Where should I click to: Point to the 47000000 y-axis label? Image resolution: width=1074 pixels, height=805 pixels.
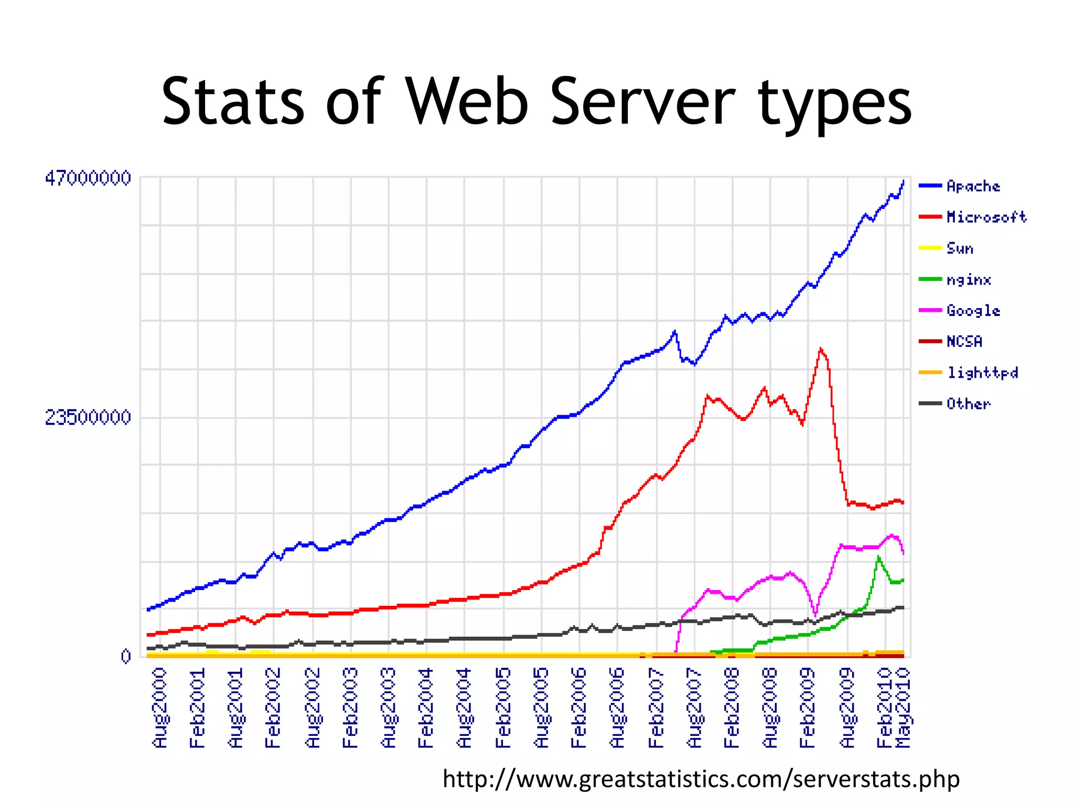click(x=88, y=178)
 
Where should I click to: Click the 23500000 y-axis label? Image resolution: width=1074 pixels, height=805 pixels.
click(x=88, y=418)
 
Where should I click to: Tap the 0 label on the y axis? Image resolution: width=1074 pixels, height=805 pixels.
click(x=125, y=656)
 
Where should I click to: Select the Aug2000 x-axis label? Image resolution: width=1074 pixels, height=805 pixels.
click(x=159, y=708)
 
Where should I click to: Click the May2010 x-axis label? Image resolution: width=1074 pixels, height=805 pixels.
click(x=904, y=708)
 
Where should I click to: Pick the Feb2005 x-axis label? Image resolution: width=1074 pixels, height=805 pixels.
click(x=503, y=708)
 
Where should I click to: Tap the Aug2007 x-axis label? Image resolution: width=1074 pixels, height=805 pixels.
click(x=694, y=708)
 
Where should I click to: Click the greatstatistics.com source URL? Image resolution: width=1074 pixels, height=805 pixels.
click(x=701, y=779)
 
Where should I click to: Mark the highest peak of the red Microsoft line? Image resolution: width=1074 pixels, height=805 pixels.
click(x=820, y=349)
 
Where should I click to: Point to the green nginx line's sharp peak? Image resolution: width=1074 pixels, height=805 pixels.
click(x=878, y=557)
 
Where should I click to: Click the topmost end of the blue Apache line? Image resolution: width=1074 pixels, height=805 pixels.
click(x=904, y=181)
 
